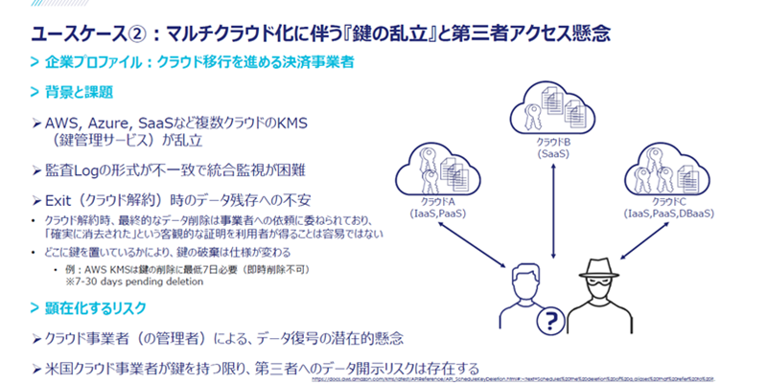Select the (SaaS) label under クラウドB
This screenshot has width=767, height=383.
[x=553, y=152]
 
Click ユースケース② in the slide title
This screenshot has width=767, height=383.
[x=67, y=34]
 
